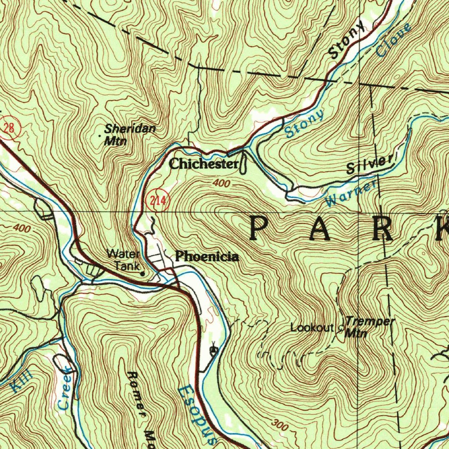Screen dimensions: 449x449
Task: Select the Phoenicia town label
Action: click(207, 257)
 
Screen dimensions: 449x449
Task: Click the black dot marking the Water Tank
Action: click(142, 274)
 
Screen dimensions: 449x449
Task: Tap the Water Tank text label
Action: click(124, 260)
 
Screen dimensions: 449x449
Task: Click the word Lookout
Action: click(312, 328)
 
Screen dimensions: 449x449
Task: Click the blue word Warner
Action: click(351, 194)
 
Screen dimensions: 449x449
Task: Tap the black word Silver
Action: click(369, 165)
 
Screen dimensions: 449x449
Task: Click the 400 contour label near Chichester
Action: click(221, 183)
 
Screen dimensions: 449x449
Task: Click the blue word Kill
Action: click(21, 380)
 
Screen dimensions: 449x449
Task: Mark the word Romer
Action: click(136, 394)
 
